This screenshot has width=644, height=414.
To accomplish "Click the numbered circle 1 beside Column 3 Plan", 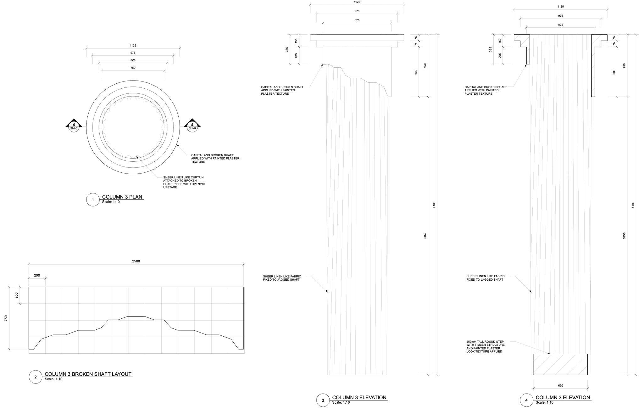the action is pos(93,200).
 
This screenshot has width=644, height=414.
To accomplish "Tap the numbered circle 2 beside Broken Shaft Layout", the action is pos(36,377).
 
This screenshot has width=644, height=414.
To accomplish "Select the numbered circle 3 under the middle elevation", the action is pos(323,400).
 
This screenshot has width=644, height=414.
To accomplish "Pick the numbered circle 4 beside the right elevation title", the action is pos(526,400).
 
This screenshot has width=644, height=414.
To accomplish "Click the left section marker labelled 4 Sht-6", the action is pos(74,126).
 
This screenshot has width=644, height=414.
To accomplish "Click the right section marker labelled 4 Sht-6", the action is pos(192,126).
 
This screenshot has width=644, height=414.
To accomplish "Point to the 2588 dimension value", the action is pos(136,261).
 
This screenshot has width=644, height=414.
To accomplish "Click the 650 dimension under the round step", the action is pos(561,385).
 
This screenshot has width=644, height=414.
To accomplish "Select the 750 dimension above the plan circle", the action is pos(133,68).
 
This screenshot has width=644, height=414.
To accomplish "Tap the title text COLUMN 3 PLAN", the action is pos(122,197).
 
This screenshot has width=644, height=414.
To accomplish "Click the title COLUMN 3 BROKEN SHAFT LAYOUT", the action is pos(88,374).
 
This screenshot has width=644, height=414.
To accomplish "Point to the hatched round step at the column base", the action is pos(560,364).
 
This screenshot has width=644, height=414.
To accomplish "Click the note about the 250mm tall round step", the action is pos(485,346).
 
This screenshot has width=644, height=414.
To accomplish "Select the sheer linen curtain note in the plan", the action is pos(184,182).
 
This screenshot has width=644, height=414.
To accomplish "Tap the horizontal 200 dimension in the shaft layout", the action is pos(37,275).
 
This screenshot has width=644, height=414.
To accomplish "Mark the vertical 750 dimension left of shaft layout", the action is pos(6,318).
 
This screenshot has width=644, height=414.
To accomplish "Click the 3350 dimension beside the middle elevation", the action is pos(425,236).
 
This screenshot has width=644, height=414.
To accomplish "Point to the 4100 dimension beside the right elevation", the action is pos(633,204).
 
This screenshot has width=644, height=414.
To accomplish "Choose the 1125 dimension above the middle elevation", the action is pos(357,2).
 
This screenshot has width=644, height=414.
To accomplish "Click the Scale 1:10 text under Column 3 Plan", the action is pos(111,202).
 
